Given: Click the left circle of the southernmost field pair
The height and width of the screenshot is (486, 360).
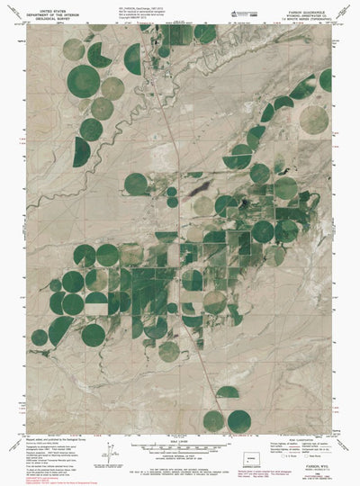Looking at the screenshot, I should click(213, 419).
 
